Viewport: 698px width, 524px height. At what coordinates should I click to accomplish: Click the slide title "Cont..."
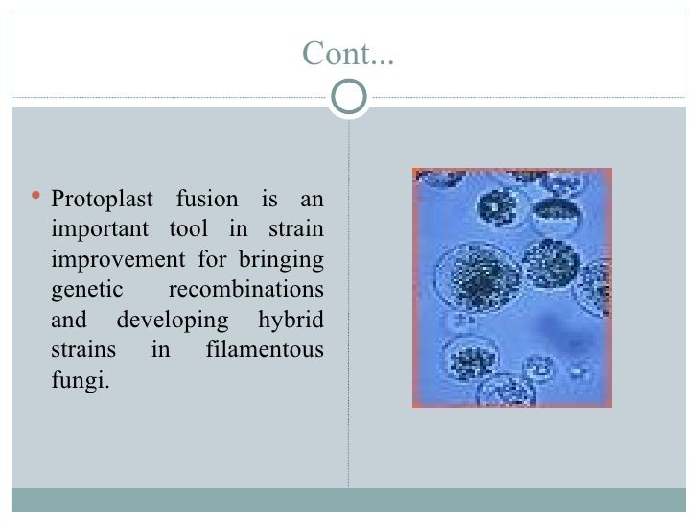[x=348, y=55]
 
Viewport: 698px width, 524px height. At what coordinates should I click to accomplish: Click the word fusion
[x=205, y=202]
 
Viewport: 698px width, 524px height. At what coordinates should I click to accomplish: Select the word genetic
[x=83, y=291]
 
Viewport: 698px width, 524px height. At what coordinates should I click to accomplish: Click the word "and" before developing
[x=68, y=321]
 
